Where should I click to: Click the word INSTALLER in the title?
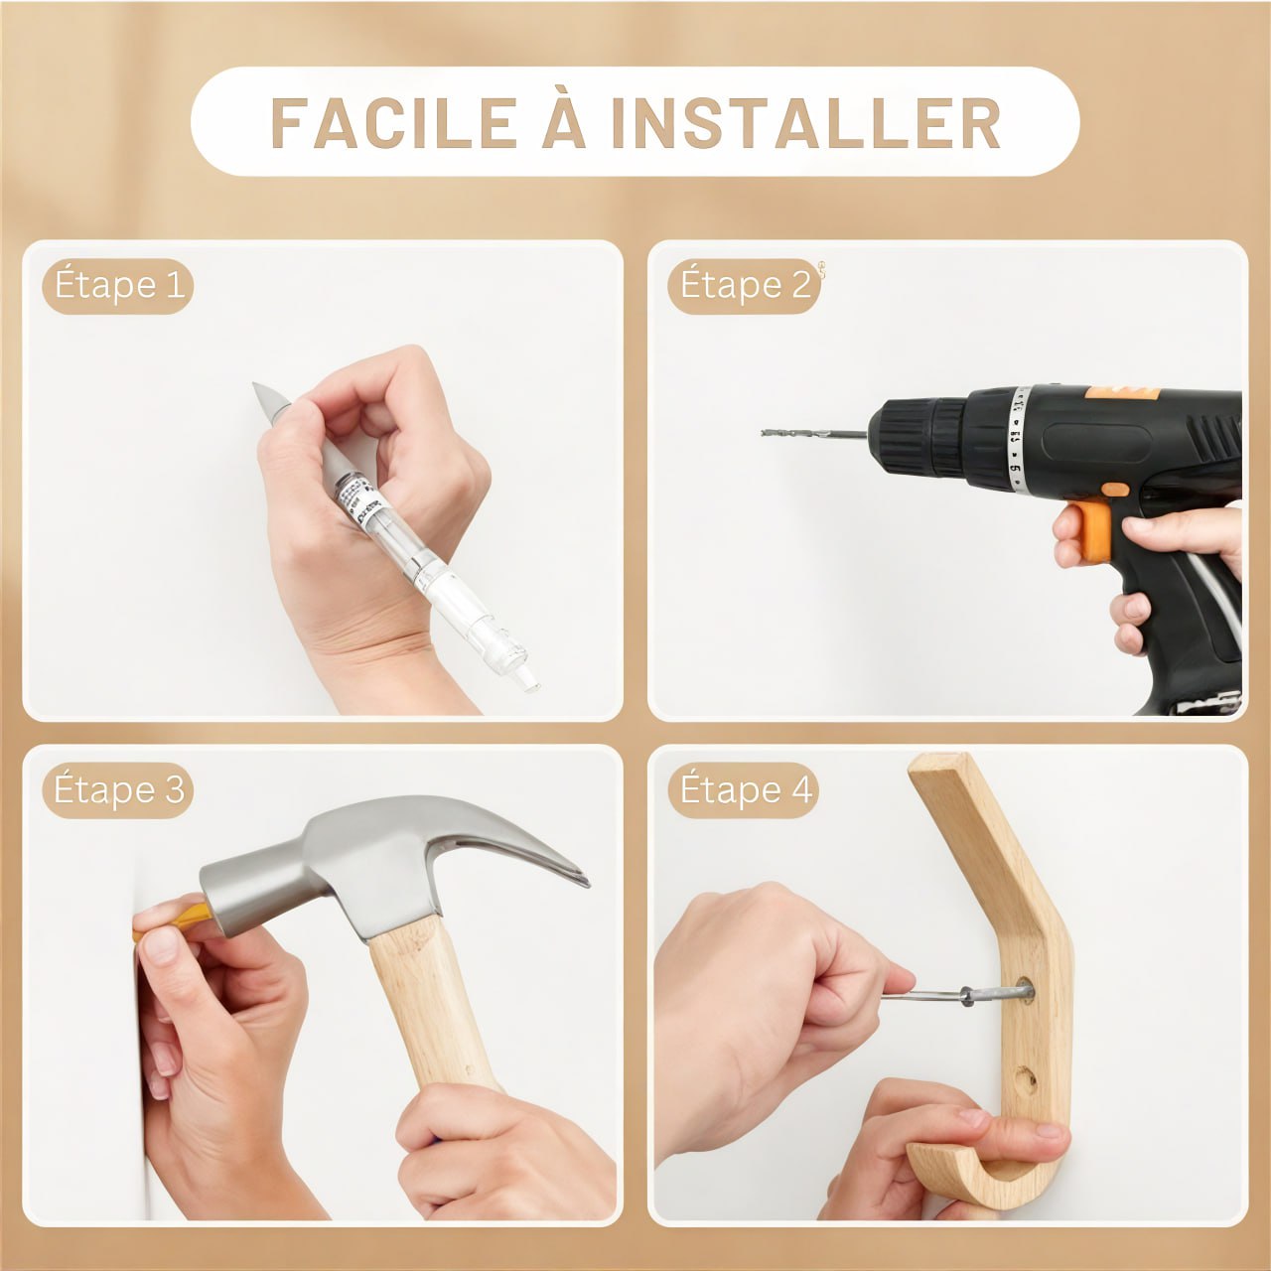tap(805, 123)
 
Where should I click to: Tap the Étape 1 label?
tap(118, 286)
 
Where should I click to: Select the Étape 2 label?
tap(745, 286)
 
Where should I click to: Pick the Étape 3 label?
tap(118, 790)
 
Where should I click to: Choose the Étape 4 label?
tap(745, 790)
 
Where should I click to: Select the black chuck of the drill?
tap(918, 437)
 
